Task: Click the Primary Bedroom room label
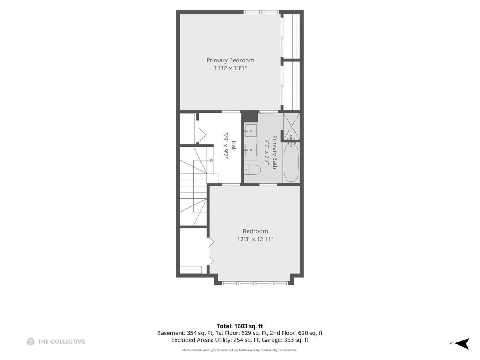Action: point(230,60)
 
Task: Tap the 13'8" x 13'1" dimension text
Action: point(230,68)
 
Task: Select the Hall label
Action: point(234,146)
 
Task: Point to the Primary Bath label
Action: point(274,152)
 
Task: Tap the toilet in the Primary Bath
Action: point(252,170)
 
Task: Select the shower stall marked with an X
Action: point(292,126)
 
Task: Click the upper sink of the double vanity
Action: point(251,131)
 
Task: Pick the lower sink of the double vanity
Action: point(251,150)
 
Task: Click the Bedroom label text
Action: point(255,231)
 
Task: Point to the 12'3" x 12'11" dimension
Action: point(255,239)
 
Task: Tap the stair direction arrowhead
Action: point(212,160)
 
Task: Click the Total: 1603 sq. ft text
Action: point(240,326)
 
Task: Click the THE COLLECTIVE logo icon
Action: point(30,342)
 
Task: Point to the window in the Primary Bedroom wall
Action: point(262,12)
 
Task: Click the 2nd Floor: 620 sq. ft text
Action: point(296,333)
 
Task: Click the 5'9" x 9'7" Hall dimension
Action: point(226,146)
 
